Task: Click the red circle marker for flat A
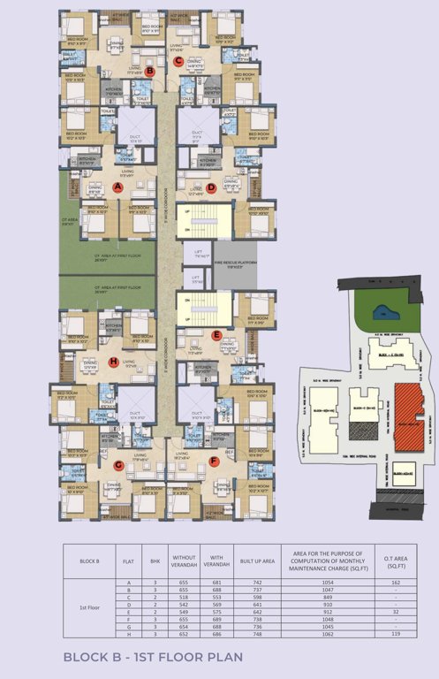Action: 117,187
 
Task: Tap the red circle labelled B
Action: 150,72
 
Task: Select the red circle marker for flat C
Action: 178,62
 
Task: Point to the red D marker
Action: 211,187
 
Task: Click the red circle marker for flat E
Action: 216,335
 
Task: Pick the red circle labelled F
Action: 214,461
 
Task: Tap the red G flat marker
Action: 117,465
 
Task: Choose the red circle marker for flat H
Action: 113,361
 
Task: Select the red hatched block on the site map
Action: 409,415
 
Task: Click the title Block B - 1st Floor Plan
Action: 153,657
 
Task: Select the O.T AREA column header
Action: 394,560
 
